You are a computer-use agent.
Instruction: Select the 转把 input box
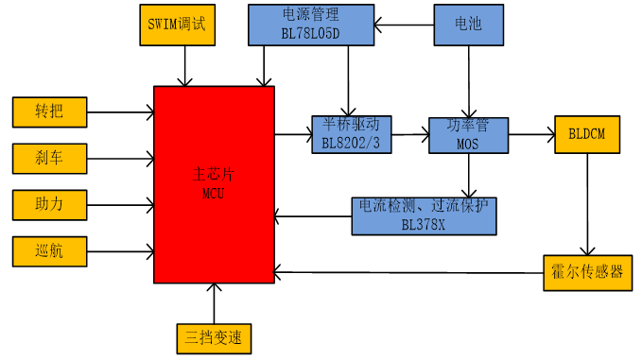49,111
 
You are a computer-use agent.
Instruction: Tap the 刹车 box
49,157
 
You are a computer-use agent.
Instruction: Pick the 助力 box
49,203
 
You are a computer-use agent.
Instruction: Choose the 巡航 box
49,251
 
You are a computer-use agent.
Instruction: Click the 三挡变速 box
215,338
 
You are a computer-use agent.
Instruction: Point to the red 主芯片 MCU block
214,183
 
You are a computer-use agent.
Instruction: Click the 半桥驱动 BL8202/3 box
351,135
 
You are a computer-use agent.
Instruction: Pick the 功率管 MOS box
469,135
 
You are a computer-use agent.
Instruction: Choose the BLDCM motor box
588,135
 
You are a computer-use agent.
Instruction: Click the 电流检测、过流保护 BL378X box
423,215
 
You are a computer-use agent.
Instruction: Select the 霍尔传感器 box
588,272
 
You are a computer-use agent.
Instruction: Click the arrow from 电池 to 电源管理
403,25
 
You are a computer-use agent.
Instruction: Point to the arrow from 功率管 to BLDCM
531,135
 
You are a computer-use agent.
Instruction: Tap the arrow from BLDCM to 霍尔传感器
588,204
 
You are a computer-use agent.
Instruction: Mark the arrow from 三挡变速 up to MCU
215,302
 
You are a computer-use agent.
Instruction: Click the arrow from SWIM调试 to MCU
185,66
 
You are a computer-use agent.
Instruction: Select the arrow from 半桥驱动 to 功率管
409,135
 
